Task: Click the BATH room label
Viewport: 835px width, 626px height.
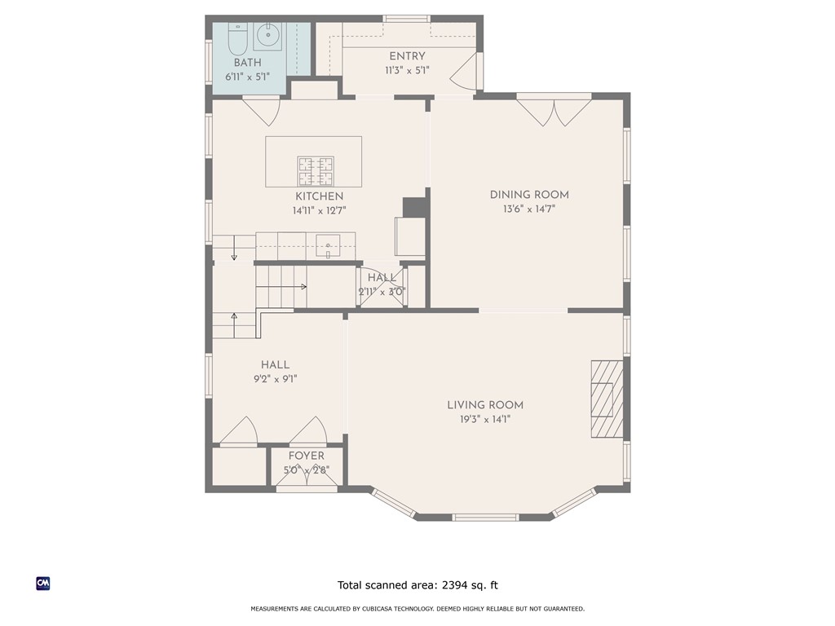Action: point(249,63)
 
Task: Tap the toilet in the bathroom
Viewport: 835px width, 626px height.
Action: point(237,37)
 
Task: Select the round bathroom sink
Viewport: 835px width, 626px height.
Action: point(267,35)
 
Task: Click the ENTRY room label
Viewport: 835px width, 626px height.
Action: point(407,56)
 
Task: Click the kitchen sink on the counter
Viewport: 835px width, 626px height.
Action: point(329,244)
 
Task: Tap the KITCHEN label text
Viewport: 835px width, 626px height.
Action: point(319,196)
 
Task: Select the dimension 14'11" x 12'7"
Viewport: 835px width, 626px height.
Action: point(319,210)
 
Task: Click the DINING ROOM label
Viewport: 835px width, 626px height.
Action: point(529,195)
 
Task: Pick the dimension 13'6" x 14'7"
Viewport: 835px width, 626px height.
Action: point(529,209)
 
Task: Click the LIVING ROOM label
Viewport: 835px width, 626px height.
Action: point(485,405)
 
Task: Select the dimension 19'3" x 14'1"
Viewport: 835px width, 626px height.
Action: point(485,419)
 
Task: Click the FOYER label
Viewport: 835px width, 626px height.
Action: point(307,456)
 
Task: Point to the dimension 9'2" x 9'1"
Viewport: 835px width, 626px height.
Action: point(275,378)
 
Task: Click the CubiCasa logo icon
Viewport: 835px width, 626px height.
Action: point(43,583)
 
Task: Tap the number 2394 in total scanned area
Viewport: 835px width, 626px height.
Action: point(457,584)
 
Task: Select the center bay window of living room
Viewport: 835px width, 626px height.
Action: point(485,517)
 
